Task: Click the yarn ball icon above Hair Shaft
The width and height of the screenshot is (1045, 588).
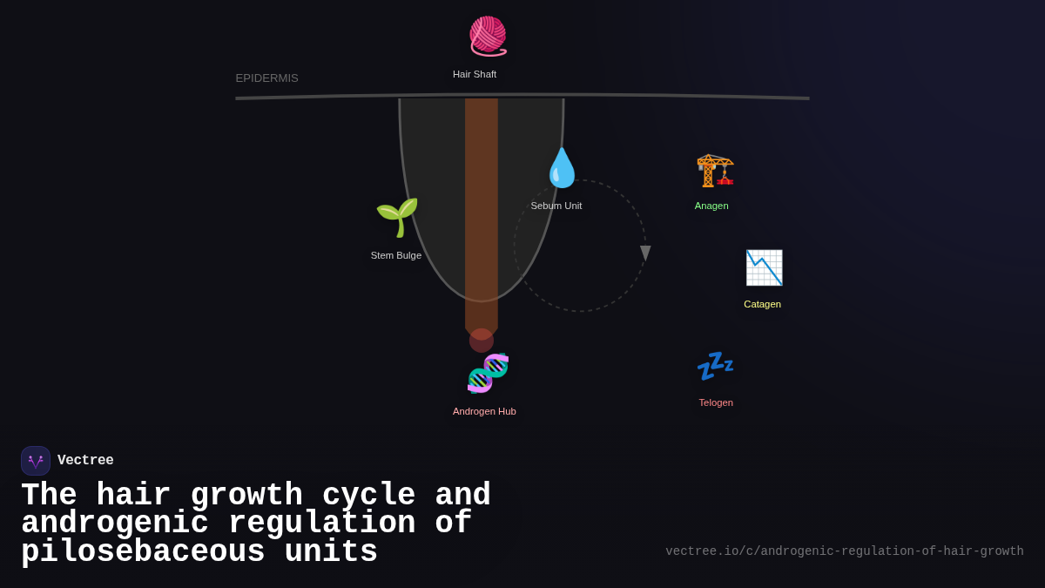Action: click(488, 36)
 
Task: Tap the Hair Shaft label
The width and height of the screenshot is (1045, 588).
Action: click(475, 74)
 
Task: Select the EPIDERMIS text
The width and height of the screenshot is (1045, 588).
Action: click(266, 78)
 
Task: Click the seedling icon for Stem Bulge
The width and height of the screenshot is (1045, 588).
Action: click(397, 217)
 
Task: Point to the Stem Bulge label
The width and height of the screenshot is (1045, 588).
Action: click(396, 255)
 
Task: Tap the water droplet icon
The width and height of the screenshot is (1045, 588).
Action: click(562, 168)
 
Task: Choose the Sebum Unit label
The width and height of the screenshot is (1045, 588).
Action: click(556, 206)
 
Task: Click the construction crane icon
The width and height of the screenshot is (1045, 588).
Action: click(715, 170)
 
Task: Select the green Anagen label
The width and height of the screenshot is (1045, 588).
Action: click(711, 206)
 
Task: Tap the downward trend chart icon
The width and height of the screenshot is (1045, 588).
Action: click(764, 267)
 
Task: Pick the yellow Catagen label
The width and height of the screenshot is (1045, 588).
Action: click(762, 304)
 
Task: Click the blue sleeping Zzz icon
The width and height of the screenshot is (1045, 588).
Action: click(715, 366)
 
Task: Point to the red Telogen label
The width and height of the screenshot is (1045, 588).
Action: click(716, 402)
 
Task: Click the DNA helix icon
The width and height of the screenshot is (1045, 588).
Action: click(488, 373)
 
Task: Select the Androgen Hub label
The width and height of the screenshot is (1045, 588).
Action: click(484, 411)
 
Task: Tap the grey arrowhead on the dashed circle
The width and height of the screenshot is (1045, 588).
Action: click(645, 253)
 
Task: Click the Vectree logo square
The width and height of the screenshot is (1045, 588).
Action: click(36, 461)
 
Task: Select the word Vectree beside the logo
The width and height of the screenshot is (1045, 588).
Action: click(85, 461)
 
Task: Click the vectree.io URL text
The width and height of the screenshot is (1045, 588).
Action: click(845, 551)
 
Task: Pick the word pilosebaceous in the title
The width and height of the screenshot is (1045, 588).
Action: click(143, 552)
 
